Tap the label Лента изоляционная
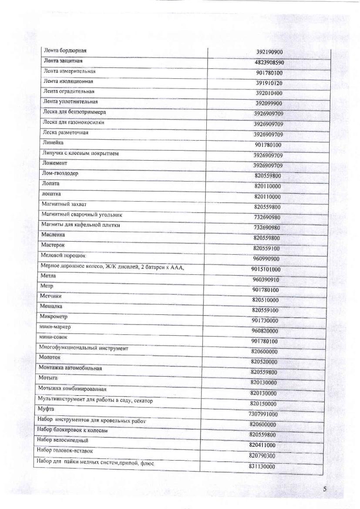pyautogui.click(x=68, y=81)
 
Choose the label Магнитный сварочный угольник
pyautogui.click(x=81, y=215)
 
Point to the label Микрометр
pyautogui.click(x=53, y=317)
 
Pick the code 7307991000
pyautogui.click(x=263, y=414)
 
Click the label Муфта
pyautogui.click(x=46, y=409)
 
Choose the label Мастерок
pyautogui.click(x=53, y=245)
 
